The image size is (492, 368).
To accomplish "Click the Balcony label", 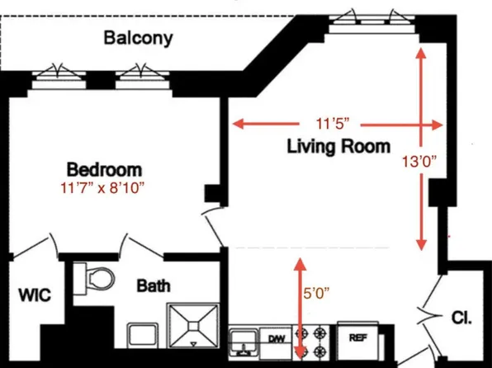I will (x=138, y=37).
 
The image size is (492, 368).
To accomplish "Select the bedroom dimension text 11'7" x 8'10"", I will (x=103, y=188).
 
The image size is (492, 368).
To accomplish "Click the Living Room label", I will (x=338, y=148).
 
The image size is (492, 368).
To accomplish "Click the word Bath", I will (x=154, y=286).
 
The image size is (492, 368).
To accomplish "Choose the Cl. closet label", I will (x=461, y=316).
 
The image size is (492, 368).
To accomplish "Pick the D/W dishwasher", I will (x=275, y=339).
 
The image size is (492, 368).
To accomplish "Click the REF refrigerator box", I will (x=358, y=338).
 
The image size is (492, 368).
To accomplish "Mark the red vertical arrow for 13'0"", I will (x=422, y=149).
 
